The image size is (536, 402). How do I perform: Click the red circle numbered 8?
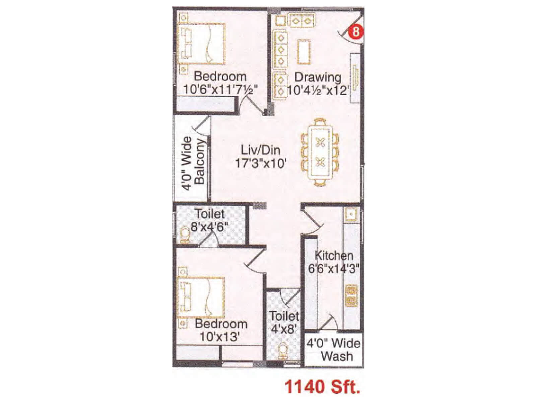click(356, 31)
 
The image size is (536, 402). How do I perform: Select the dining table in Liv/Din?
click(320, 152)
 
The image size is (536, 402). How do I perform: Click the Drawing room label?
click(318, 77)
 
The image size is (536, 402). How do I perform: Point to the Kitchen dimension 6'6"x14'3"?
click(334, 268)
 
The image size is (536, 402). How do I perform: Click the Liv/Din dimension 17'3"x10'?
click(261, 163)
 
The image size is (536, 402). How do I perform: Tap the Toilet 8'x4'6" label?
click(210, 220)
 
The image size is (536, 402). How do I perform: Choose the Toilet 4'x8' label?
click(284, 322)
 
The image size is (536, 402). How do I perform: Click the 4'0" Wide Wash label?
click(334, 349)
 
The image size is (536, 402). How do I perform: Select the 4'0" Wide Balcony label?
click(193, 163)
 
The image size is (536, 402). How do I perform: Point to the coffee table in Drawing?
click(304, 52)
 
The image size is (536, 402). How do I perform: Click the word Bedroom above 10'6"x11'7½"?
click(220, 76)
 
